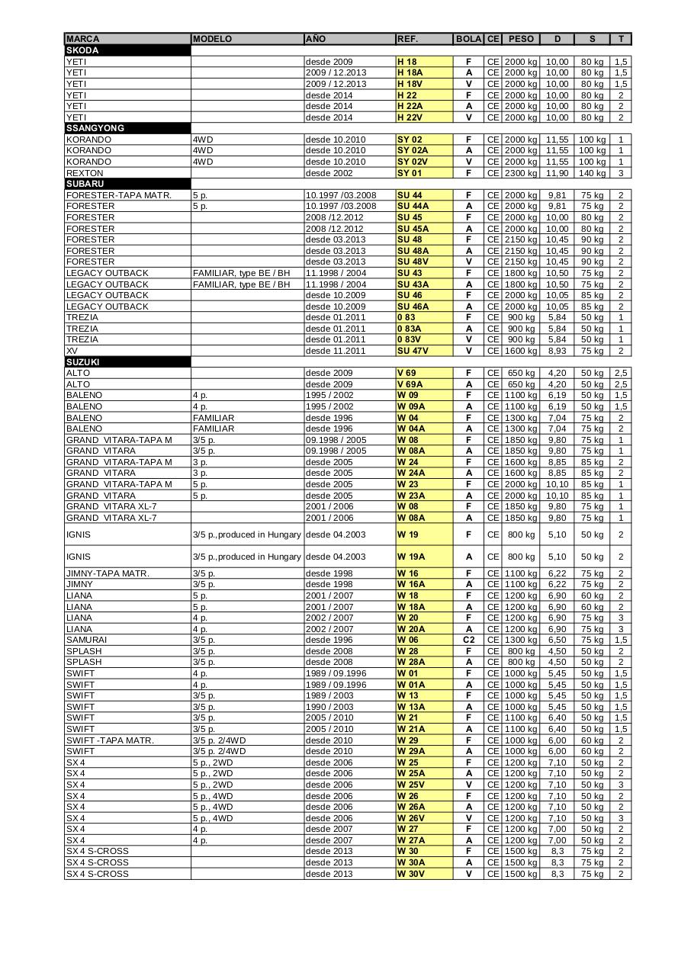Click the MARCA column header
pos(82,39)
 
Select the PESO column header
pos(521,39)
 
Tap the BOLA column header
pos(468,39)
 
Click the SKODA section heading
pos(82,50)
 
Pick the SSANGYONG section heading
pos(95,128)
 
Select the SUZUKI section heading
pos(83,362)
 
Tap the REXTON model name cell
pos(85,173)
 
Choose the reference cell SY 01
pos(409,173)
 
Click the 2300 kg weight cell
pos(521,173)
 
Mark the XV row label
pos(72,351)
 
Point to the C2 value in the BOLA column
pos(468,640)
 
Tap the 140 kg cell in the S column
pos(592,173)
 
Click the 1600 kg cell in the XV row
pos(521,351)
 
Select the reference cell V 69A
pos(409,384)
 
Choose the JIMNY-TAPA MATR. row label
pos(108,573)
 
